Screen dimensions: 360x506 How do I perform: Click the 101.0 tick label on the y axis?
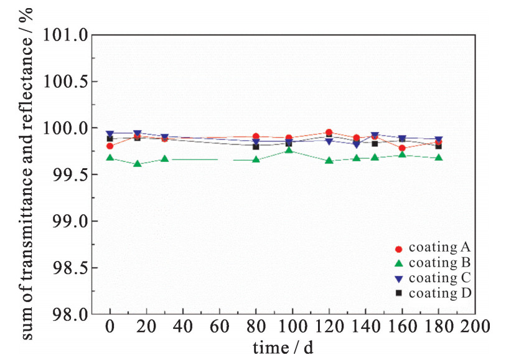65,35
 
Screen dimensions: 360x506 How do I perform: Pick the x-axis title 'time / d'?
284,348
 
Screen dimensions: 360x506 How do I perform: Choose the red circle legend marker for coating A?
398,249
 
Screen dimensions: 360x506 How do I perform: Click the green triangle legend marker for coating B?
398,263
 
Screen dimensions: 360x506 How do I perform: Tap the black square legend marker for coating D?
398,293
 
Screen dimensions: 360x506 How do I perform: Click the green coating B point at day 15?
138,164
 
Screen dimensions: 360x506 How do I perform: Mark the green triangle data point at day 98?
289,150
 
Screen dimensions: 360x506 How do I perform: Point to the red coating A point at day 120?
329,132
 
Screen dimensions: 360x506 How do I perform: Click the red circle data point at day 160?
402,148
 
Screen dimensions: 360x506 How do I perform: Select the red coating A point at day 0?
110,146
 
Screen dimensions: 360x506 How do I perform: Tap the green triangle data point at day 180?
439,158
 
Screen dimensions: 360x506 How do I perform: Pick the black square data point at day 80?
256,146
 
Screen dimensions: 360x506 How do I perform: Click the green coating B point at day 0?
110,158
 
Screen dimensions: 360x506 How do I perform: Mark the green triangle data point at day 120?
329,161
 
